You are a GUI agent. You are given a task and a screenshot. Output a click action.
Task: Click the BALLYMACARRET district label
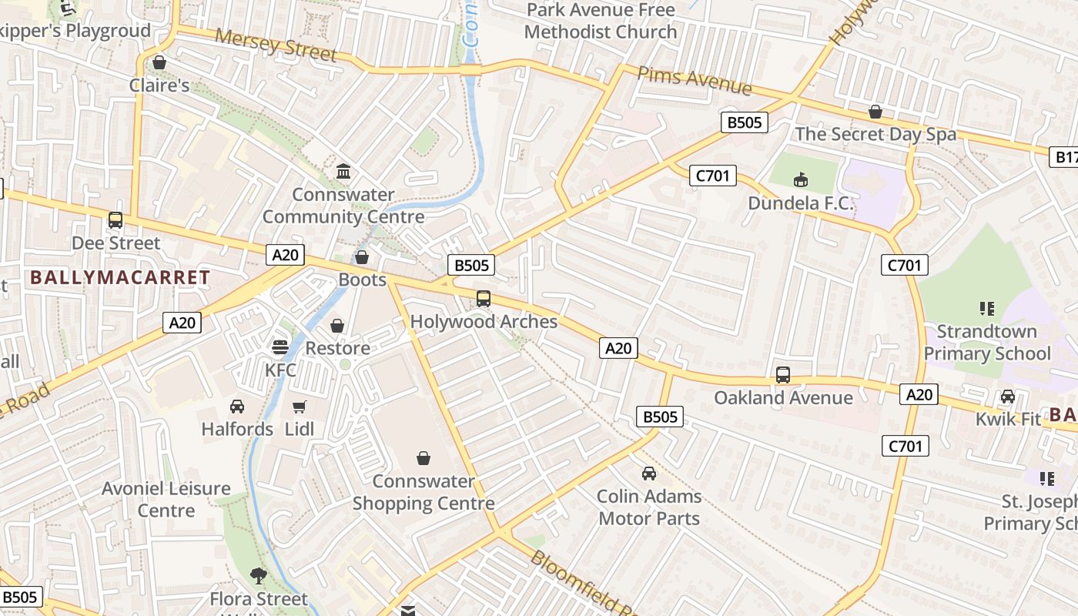[119, 278]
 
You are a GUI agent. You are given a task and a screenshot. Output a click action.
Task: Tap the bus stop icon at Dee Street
[115, 220]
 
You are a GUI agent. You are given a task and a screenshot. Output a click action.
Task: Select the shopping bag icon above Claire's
[159, 62]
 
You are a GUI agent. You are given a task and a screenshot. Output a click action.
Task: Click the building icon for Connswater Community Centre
[343, 171]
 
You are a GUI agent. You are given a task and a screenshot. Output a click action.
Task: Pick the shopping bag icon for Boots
[361, 257]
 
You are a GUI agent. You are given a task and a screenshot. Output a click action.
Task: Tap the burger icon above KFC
[280, 347]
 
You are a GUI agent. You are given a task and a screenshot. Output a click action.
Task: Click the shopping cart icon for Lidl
[300, 407]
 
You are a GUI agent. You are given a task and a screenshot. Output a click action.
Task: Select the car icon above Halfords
[237, 406]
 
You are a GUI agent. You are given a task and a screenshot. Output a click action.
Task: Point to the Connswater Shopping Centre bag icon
[423, 459]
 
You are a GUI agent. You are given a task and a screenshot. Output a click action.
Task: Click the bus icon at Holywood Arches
[484, 299]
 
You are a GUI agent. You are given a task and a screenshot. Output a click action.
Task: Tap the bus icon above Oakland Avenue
[783, 375]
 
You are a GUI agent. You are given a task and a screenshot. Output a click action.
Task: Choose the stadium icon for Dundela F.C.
[801, 180]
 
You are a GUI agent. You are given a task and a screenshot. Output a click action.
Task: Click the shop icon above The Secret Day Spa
[875, 112]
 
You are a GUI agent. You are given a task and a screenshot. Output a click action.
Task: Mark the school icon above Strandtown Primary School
[987, 309]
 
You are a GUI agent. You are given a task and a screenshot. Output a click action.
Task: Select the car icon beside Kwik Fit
[1007, 397]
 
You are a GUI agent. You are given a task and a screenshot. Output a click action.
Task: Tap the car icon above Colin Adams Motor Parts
[649, 474]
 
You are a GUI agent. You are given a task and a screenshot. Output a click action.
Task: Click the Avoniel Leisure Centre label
[166, 499]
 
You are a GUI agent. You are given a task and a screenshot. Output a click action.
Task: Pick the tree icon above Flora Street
[259, 575]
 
